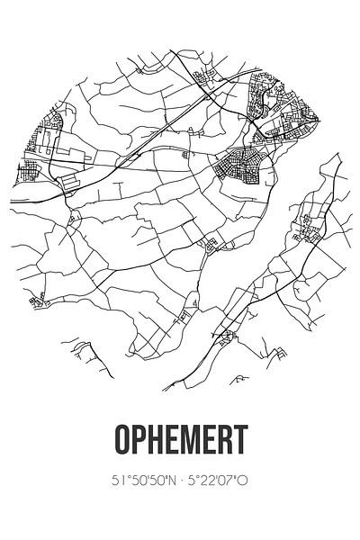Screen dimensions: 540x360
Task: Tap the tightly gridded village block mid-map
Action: pyautogui.click(x=239, y=166)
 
